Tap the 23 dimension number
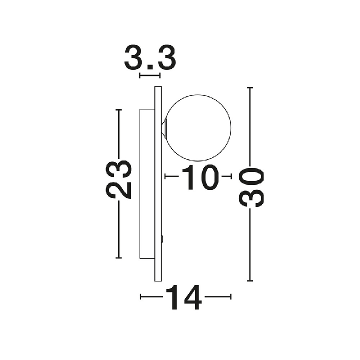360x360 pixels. pyautogui.click(x=118, y=179)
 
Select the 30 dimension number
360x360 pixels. pyautogui.click(x=251, y=187)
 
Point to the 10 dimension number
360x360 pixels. pyautogui.click(x=200, y=177)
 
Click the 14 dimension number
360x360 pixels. pyautogui.click(x=183, y=297)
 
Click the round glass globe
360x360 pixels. pyautogui.click(x=198, y=94)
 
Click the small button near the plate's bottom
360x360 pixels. pyautogui.click(x=162, y=239)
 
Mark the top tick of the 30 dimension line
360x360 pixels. pyautogui.click(x=250, y=87)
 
